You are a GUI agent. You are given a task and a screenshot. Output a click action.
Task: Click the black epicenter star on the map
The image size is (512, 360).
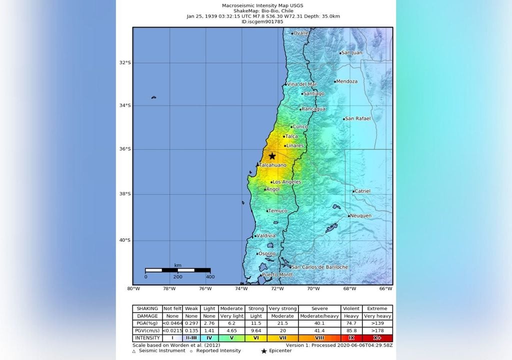(272, 156)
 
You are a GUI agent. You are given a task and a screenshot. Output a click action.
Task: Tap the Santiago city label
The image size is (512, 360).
(314, 93)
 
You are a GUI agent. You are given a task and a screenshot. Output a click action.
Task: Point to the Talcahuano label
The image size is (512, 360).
(273, 165)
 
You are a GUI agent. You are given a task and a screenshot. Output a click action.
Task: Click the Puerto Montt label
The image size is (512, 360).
(277, 275)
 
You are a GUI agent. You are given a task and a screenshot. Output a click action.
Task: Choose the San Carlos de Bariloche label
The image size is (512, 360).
(320, 267)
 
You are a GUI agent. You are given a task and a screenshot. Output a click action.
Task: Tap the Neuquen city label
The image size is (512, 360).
(360, 215)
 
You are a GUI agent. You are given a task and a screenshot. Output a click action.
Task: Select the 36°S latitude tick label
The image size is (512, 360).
(124, 149)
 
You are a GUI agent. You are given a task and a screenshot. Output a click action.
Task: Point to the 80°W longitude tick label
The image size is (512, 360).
(133, 288)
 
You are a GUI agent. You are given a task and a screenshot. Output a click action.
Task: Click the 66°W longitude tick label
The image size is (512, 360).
(385, 288)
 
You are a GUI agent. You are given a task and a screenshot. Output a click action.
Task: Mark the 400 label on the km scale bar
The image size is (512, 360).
(210, 276)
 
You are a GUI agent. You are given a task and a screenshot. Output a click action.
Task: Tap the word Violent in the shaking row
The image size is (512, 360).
(350, 308)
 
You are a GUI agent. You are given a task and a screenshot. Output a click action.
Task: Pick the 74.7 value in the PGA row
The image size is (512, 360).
(350, 323)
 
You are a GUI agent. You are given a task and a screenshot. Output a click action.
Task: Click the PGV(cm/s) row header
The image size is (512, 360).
(147, 331)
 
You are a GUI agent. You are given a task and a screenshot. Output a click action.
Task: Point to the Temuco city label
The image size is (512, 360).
(278, 211)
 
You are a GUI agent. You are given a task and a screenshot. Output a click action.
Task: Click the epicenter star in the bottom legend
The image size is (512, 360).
(263, 351)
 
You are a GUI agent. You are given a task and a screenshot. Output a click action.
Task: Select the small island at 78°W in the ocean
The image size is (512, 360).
(153, 97)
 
